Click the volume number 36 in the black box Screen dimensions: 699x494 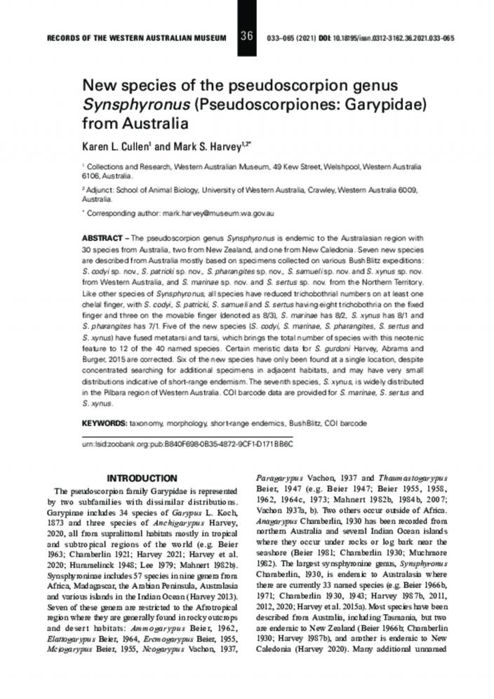[x=246, y=36]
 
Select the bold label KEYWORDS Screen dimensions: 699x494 [x=105, y=424]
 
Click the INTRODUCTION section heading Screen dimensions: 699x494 [x=147, y=477]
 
